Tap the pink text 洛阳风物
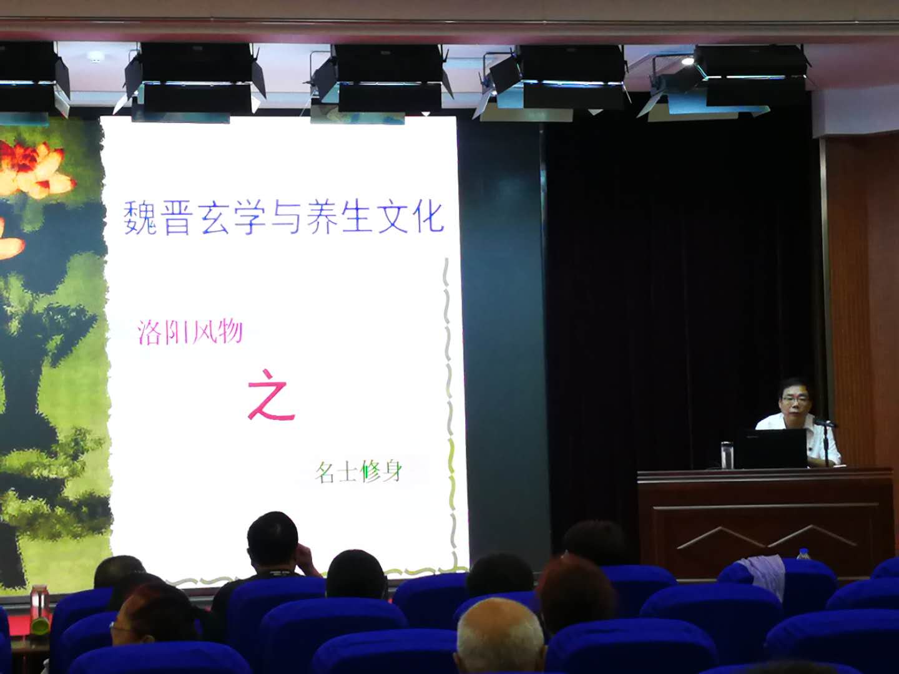click(x=190, y=332)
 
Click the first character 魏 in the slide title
click(x=140, y=217)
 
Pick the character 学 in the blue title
click(x=249, y=217)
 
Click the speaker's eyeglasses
click(x=795, y=399)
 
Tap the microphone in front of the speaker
click(x=824, y=423)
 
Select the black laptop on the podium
click(x=772, y=449)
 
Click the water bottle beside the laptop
click(x=725, y=455)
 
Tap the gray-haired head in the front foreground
click(x=499, y=635)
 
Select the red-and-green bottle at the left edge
click(x=40, y=609)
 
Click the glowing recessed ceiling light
click(x=687, y=61)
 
